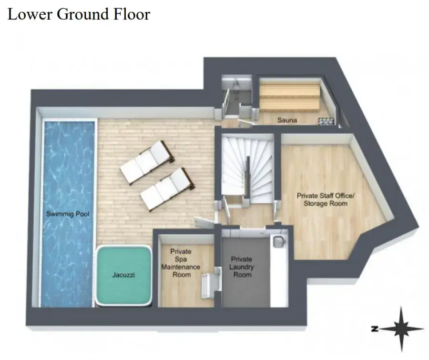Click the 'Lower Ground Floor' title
79,14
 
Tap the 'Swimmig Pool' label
68,214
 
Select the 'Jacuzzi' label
123,275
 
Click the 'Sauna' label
287,120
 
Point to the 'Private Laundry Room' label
242,267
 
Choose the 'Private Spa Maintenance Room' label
181,263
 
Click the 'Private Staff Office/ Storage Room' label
326,200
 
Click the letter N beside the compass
375,329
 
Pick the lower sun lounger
167,189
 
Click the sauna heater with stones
326,121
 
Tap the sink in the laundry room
278,241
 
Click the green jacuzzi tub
123,275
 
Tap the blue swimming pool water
68,214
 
